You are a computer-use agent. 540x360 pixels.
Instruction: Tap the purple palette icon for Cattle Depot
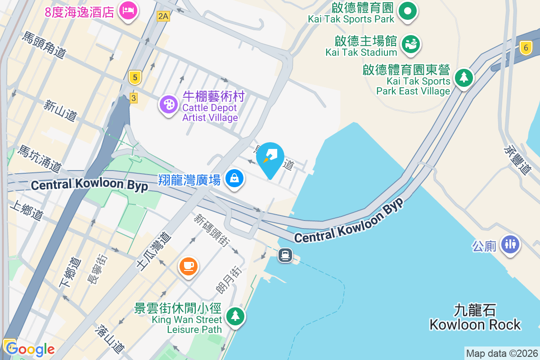coord(169,105)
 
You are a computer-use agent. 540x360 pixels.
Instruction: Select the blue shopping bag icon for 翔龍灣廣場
coord(234,179)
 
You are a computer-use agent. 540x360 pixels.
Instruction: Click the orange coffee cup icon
coord(188,265)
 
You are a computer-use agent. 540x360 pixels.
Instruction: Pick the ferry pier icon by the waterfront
coord(285,256)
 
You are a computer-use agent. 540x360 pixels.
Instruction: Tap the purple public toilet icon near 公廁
coord(510,244)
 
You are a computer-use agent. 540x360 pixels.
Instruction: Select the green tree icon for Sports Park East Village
coord(463,77)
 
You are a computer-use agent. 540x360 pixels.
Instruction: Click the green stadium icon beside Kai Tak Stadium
coord(410,44)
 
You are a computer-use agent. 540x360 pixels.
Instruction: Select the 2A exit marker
coord(163,17)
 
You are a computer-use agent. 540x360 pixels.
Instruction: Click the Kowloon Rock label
coord(475,318)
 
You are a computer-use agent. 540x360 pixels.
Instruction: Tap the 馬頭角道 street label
coord(44,45)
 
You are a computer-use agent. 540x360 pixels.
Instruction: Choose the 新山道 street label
coord(60,110)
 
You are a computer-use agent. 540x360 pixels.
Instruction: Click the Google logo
coord(30,349)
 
